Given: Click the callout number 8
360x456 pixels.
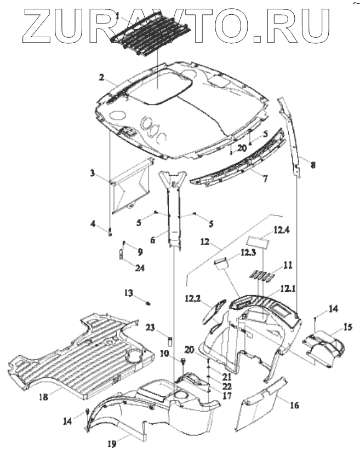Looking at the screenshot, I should (x=313, y=164).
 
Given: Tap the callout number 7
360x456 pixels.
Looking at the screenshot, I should (x=265, y=178).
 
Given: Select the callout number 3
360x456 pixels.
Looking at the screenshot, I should (x=93, y=173).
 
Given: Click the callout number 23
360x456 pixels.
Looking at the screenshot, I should (x=151, y=328).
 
